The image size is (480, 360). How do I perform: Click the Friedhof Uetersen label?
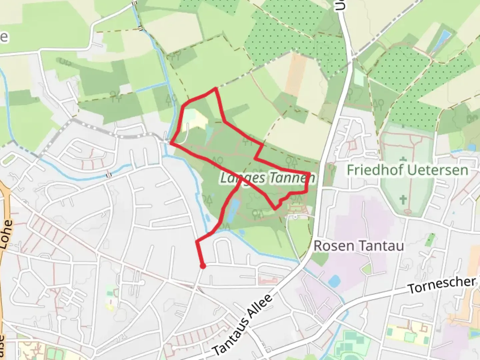click(x=407, y=170)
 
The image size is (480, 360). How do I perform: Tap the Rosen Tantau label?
click(x=359, y=246)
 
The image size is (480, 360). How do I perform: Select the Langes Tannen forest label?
click(x=267, y=178)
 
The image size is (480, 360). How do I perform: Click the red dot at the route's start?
click(x=202, y=266)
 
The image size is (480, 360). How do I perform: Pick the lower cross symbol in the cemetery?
click(x=403, y=200)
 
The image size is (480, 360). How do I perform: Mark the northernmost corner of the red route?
click(x=216, y=88)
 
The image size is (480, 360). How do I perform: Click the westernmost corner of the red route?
click(x=171, y=143)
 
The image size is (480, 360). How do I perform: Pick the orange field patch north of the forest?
click(x=295, y=70)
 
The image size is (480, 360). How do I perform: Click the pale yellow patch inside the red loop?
click(x=195, y=118)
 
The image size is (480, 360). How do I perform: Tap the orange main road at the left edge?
click(x=5, y=207)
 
